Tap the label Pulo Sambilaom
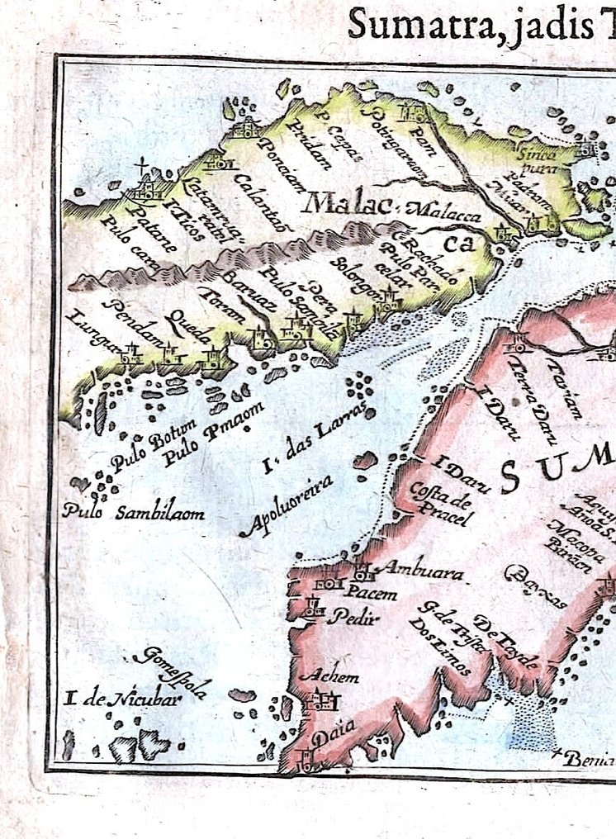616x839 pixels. point(134,512)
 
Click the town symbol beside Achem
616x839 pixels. point(320,702)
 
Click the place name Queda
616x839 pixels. point(187,327)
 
